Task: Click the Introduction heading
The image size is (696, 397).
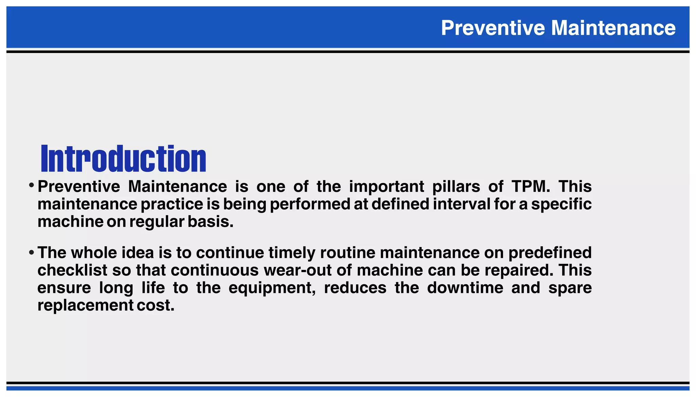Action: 123,159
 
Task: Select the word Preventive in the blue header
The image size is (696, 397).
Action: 493,28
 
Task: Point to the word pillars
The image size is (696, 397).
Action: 456,186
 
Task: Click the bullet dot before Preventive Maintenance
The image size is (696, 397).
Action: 31,186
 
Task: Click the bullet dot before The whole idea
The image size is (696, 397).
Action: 31,252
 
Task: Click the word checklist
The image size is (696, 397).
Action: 72,270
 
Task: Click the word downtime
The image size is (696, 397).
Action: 465,288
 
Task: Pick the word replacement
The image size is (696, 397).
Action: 85,306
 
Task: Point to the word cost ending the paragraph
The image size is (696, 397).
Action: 155,306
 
